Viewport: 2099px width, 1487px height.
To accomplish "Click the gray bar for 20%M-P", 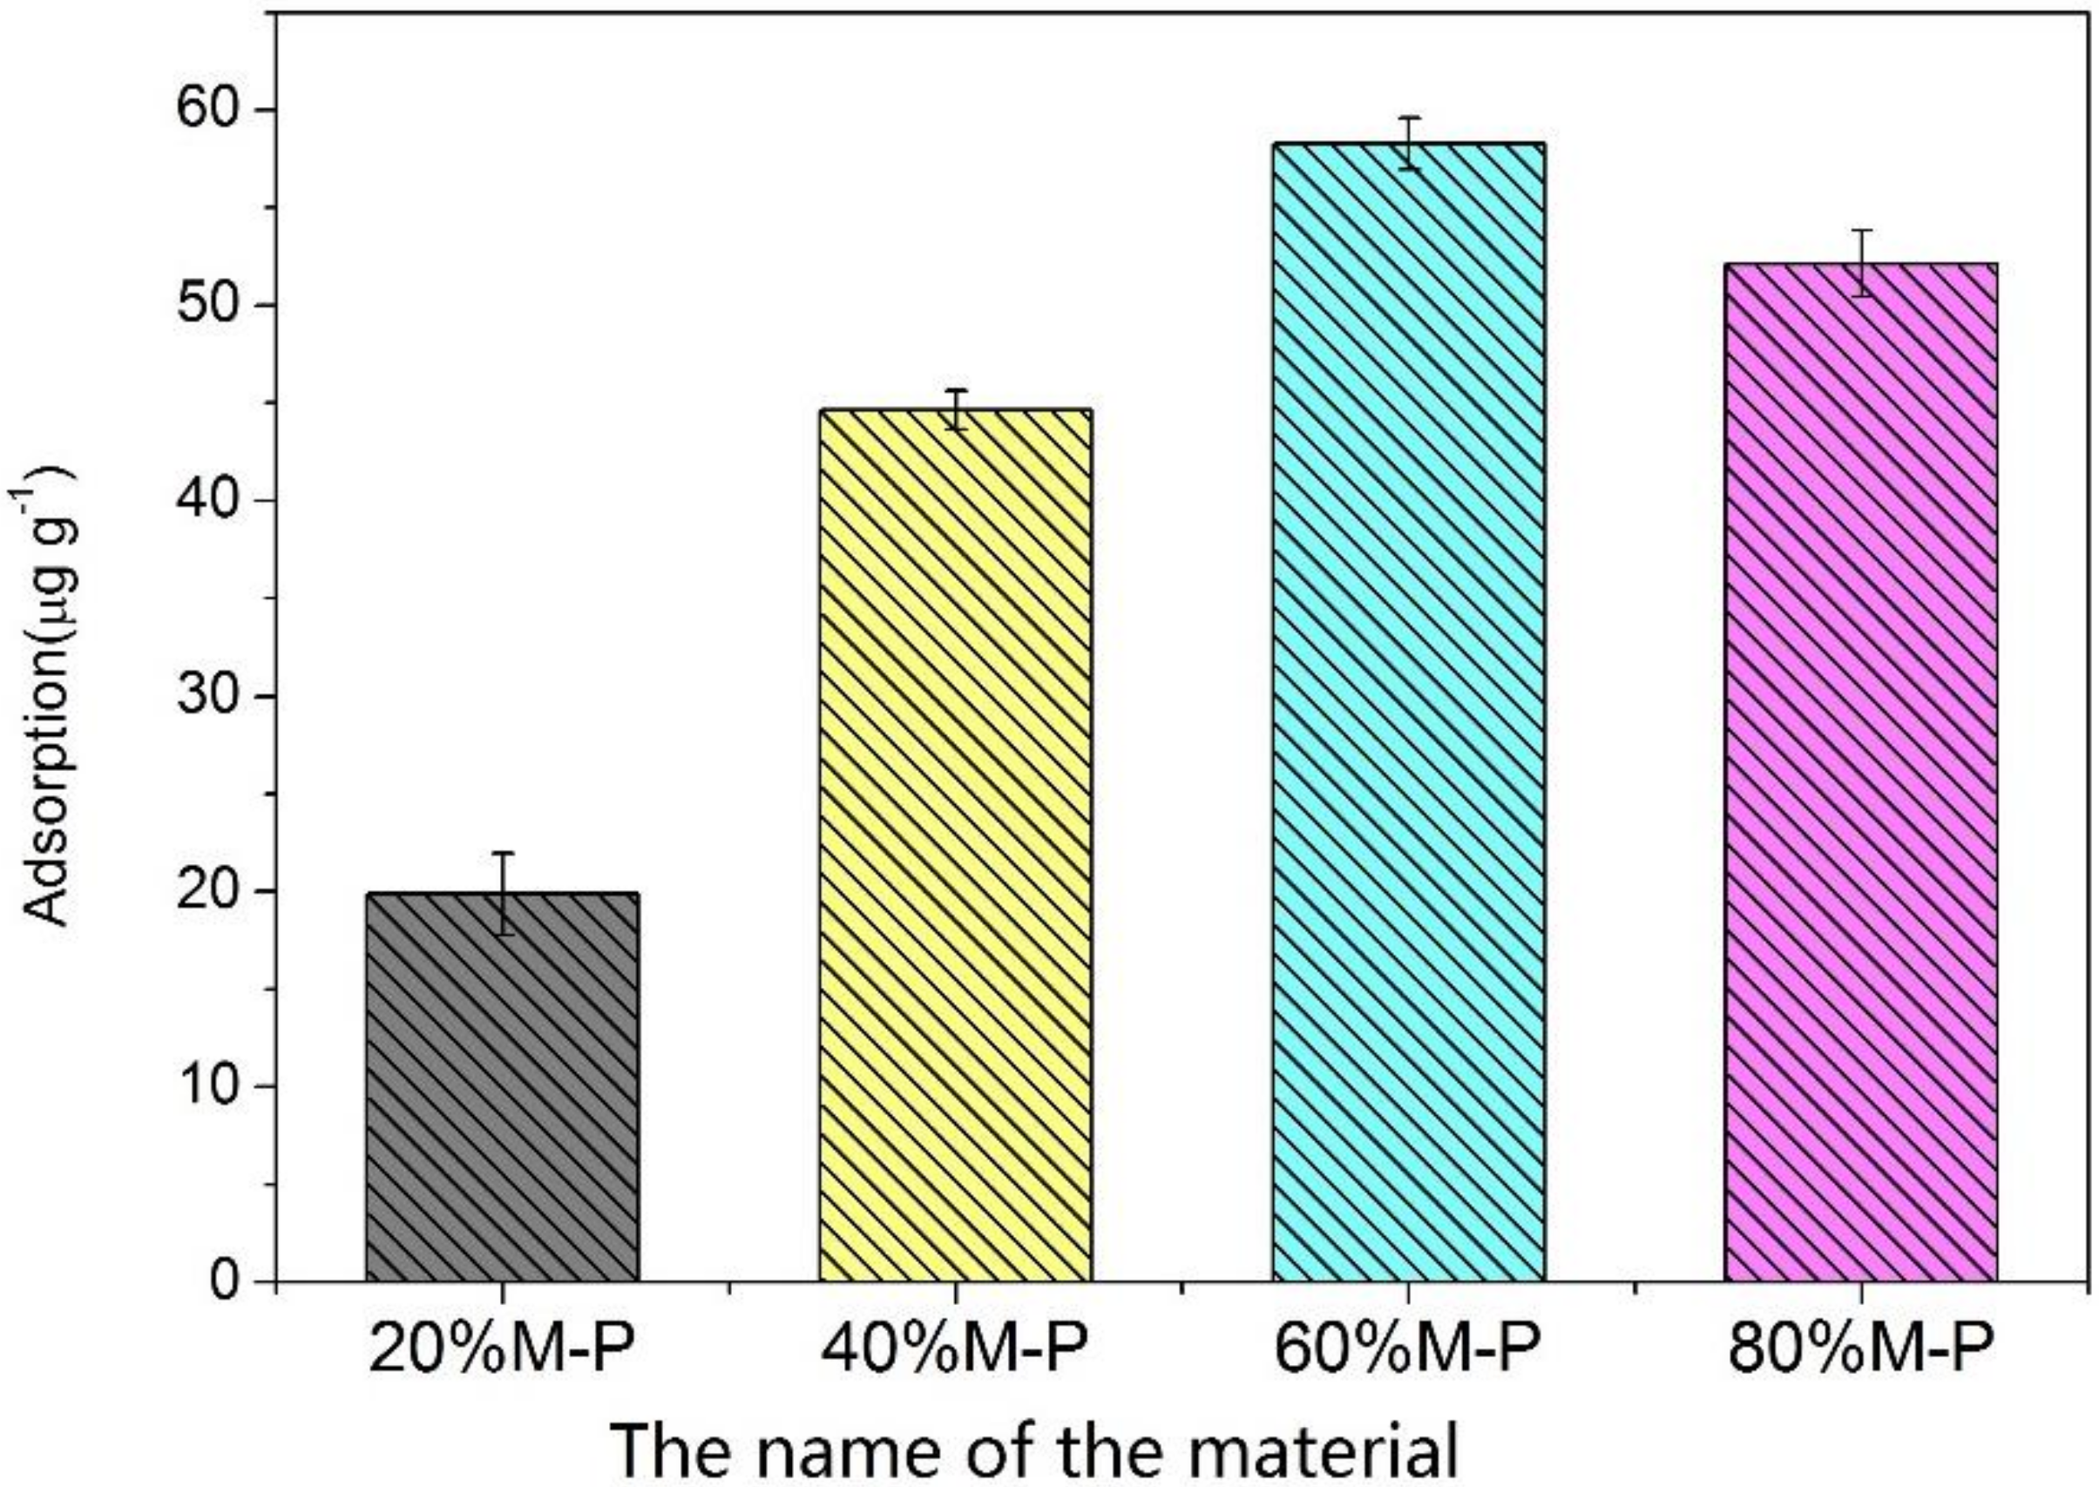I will click(x=502, y=1090).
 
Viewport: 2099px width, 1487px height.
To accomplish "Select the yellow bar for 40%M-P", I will click(x=955, y=847).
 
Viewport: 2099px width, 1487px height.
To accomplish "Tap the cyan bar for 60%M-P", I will click(x=1409, y=714).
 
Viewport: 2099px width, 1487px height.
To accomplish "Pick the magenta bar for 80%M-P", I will click(x=1861, y=774).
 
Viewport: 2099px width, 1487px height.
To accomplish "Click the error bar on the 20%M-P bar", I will click(x=503, y=893).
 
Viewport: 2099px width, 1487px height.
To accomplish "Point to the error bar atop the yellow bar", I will click(x=956, y=409).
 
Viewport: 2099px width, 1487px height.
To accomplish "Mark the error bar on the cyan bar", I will click(x=1409, y=143).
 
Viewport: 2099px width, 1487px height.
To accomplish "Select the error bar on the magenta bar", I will click(x=1861, y=263).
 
